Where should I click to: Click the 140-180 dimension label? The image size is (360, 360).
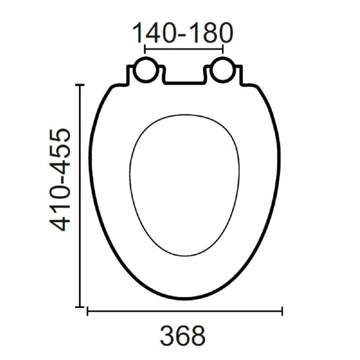[x=183, y=32]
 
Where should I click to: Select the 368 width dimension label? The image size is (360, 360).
[x=183, y=336]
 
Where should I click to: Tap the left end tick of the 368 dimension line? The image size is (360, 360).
[x=87, y=311]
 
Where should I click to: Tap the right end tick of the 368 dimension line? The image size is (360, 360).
[x=282, y=311]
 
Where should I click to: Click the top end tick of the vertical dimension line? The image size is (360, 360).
[x=80, y=85]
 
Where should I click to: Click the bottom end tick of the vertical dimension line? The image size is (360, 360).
[x=80, y=306]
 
